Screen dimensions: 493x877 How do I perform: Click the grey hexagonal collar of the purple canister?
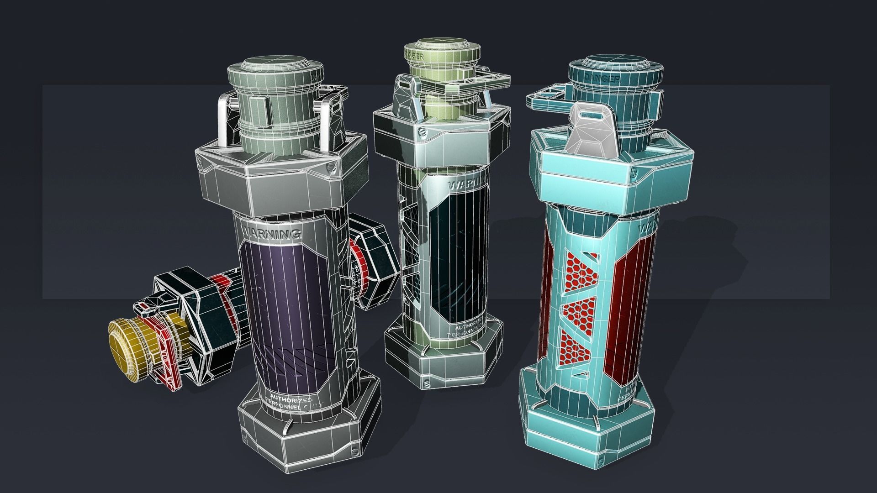point(274,183)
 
